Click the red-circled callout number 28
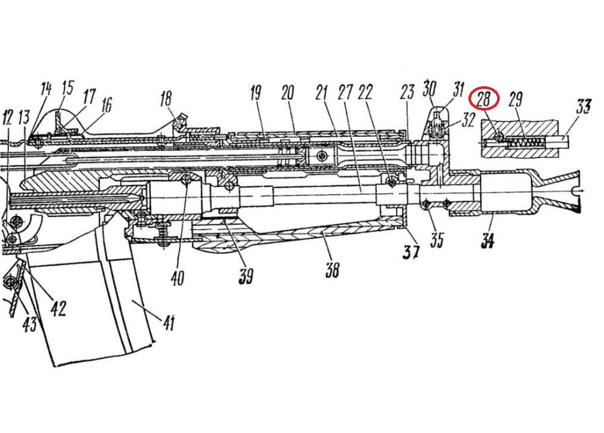[483, 99]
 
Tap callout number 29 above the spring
[515, 99]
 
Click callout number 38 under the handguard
[331, 270]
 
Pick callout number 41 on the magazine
[168, 321]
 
